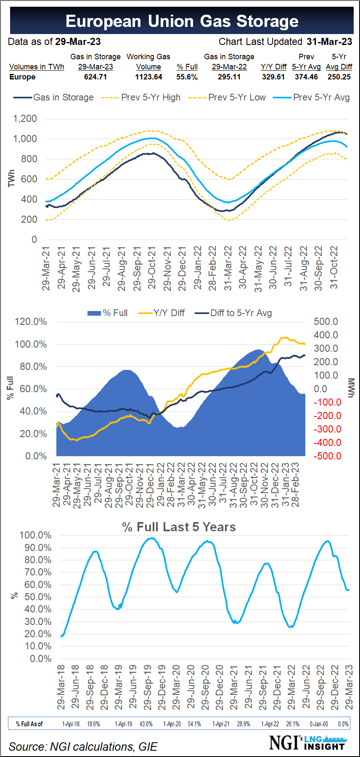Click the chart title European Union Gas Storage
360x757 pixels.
pyautogui.click(x=182, y=21)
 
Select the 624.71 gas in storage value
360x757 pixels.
pyautogui.click(x=95, y=77)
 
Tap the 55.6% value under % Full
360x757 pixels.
pyautogui.click(x=187, y=77)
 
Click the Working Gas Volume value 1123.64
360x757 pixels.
pyautogui.click(x=148, y=77)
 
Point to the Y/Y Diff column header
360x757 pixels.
pyautogui.click(x=273, y=67)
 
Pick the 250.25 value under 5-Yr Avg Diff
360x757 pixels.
pyautogui.click(x=339, y=77)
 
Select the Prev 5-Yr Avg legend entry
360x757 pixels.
pyautogui.click(x=312, y=98)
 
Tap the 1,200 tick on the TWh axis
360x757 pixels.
pyautogui.click(x=25, y=119)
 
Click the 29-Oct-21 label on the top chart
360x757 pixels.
pyautogui.click(x=152, y=268)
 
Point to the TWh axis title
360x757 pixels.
pyautogui.click(x=11, y=178)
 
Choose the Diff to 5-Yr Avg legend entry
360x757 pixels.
pyautogui.click(x=236, y=313)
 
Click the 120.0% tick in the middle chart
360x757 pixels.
pyautogui.click(x=31, y=322)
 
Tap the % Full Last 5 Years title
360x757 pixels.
pyautogui.click(x=179, y=527)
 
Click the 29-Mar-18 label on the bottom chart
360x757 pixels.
pyautogui.click(x=61, y=688)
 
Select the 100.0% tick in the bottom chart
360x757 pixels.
pyautogui.click(x=35, y=535)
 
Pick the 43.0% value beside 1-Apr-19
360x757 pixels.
pyautogui.click(x=146, y=724)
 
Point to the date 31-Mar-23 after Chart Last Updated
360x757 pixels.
pyautogui.click(x=329, y=42)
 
